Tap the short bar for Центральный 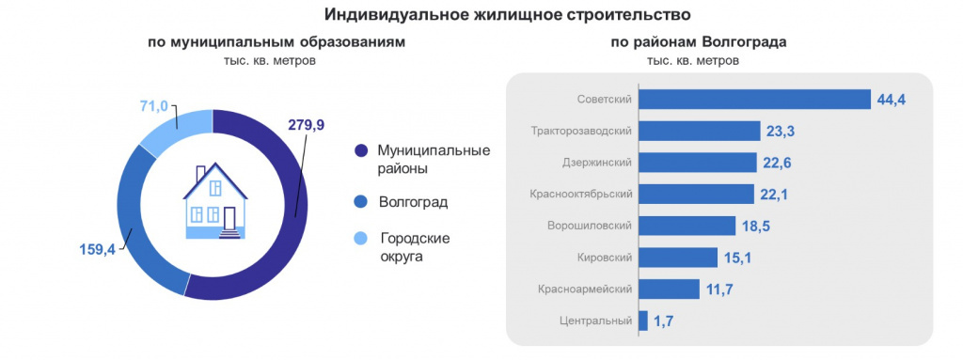coord(643,321)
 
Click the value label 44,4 coord(889,100)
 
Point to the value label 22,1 coord(777,195)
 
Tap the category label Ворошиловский coord(589,226)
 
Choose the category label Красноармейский coord(585,289)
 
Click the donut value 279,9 coord(306,125)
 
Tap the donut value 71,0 coord(151,106)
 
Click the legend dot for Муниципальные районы coord(360,150)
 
